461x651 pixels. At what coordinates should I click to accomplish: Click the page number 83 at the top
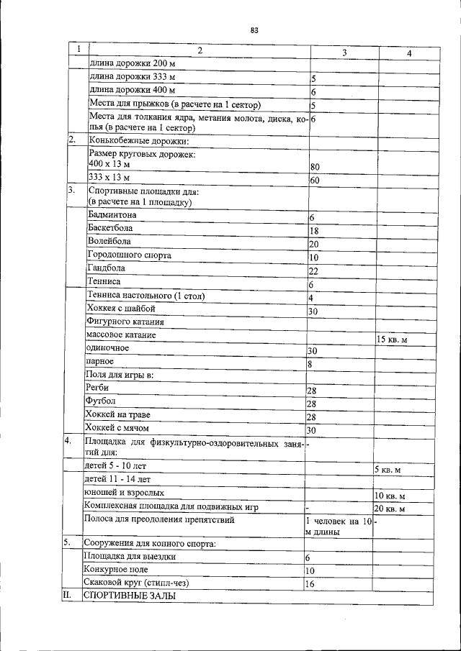pos(254,30)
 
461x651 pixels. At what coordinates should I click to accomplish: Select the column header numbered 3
pos(344,53)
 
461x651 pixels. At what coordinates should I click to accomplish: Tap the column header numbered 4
pos(409,53)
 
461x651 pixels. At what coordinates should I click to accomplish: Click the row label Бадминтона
pos(112,215)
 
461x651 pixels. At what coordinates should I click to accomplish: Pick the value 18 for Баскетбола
pos(314,231)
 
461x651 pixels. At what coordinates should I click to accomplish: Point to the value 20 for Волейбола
pos(314,245)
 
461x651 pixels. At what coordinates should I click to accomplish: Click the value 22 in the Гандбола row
pos(314,271)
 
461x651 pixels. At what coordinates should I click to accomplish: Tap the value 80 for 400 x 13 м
pos(314,167)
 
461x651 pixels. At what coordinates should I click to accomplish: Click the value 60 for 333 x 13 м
pos(314,181)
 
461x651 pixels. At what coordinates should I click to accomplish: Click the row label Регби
pos(97,388)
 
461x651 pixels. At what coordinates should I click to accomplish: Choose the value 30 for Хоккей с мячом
pos(312,430)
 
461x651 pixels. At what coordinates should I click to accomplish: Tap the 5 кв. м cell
pos(388,470)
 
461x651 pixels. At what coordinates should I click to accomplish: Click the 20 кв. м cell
pos(390,509)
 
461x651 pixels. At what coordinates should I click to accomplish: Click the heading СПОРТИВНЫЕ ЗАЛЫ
pos(129,597)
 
